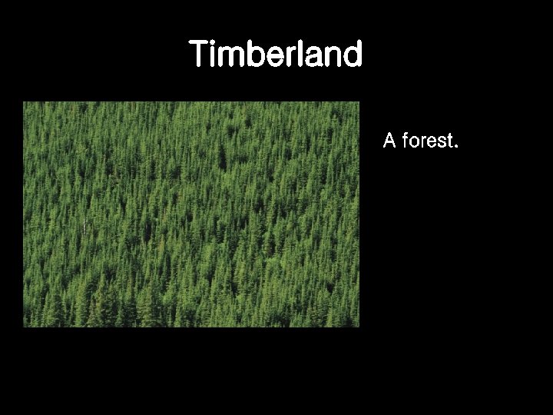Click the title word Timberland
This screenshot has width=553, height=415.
pos(276,55)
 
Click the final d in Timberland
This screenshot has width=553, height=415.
pos(352,55)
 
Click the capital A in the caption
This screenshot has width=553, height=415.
pos(389,141)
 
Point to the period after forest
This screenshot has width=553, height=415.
pos(456,146)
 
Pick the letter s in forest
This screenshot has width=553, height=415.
pos(441,142)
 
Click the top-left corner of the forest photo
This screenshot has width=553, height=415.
pos(23,102)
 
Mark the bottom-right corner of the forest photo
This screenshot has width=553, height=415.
pos(359,327)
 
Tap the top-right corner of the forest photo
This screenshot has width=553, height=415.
pos(359,102)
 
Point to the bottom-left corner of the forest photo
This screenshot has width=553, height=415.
pos(23,327)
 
